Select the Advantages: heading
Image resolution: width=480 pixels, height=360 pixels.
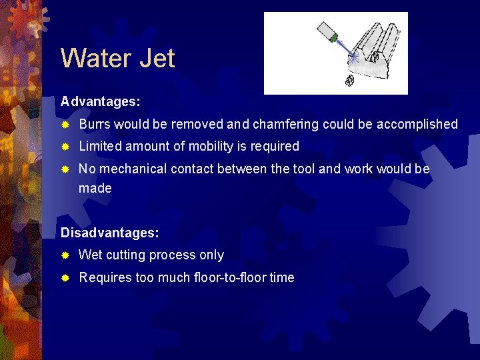pos(100,101)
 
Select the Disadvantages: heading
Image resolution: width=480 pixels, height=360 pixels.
pos(109,233)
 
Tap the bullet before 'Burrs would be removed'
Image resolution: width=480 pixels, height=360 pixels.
pos(65,125)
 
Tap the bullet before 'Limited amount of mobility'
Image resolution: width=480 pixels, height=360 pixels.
pos(65,147)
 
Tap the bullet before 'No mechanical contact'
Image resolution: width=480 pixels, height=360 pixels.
pos(65,169)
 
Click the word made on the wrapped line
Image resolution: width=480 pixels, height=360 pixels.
pos(95,188)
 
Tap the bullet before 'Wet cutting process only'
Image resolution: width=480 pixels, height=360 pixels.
pos(65,255)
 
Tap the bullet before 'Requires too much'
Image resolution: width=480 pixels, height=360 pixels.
pos(65,278)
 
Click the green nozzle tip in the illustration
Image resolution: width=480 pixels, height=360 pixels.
pos(333,39)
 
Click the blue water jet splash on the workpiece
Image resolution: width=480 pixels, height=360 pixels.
pos(354,59)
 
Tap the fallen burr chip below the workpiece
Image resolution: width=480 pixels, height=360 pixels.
pos(348,81)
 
